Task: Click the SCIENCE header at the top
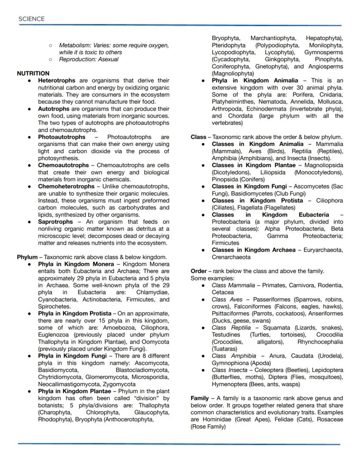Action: (x=31, y=19)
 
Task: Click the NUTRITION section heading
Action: (x=33, y=74)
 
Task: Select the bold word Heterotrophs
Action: (x=57, y=80)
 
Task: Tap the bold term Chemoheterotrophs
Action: (x=66, y=187)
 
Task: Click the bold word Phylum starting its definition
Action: (x=27, y=257)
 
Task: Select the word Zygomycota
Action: (x=119, y=384)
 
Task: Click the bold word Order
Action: (x=199, y=271)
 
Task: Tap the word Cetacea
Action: (x=223, y=292)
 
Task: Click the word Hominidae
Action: (x=217, y=419)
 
